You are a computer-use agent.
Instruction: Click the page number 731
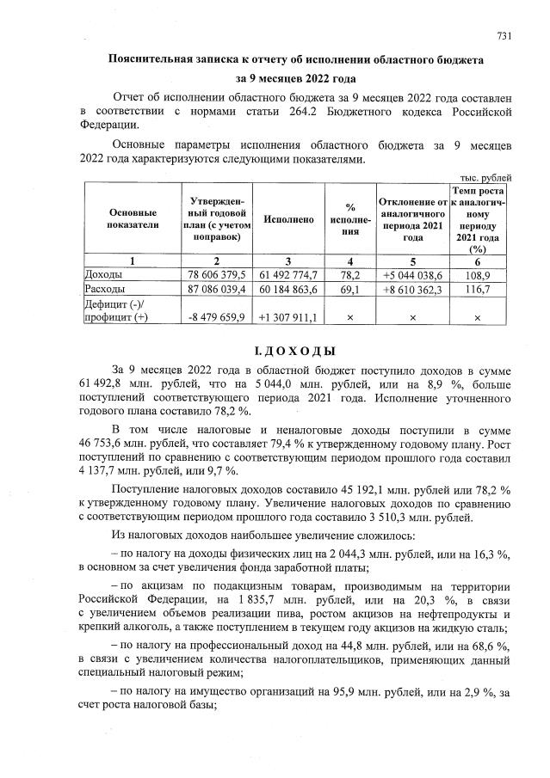coord(504,35)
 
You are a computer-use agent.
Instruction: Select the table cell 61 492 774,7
coord(288,274)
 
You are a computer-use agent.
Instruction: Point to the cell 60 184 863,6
coord(288,289)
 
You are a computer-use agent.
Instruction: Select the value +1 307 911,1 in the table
coord(288,317)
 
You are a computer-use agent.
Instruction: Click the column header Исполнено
coord(288,219)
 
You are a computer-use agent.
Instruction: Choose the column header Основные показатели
coord(133,219)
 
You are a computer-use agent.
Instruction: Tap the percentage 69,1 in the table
coord(350,289)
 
